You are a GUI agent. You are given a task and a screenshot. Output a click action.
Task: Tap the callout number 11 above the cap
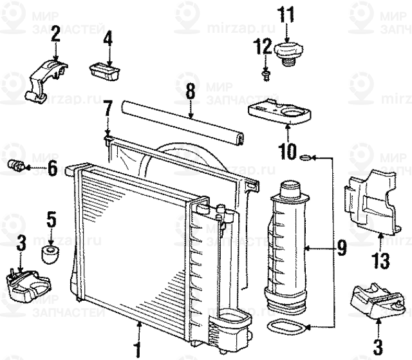285,12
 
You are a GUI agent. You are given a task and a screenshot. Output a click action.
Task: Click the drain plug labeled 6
17,166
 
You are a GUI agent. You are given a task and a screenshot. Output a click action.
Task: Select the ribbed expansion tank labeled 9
285,245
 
